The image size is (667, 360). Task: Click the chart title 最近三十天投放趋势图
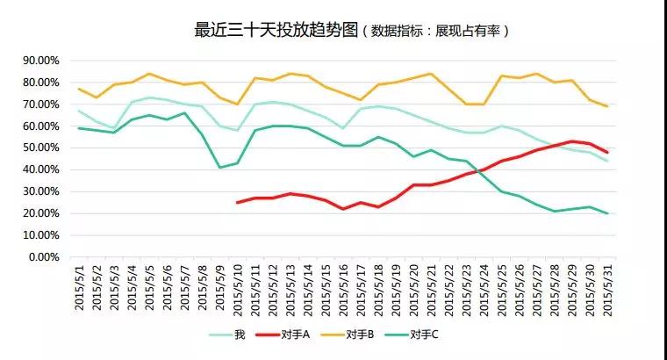pos(276,30)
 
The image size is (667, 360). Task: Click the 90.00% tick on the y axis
pos(39,61)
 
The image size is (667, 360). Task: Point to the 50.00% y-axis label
pos(39,148)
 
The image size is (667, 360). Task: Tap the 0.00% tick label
pos(42,257)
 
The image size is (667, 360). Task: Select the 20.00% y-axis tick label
pos(39,213)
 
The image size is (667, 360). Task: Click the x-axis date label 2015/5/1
pos(80,292)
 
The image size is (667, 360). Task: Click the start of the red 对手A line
pos(238,202)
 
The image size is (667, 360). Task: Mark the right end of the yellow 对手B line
pos(606,106)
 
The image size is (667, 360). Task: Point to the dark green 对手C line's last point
pos(606,213)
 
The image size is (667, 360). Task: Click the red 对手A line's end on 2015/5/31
pos(606,152)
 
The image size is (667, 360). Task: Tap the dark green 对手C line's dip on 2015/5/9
pos(220,167)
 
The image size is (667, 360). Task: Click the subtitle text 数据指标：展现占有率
pos(440,31)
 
